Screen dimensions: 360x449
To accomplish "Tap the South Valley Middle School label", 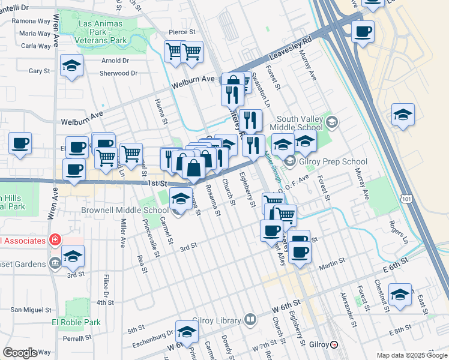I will (x=296, y=123).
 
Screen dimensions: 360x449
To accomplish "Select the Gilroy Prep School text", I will (x=334, y=161).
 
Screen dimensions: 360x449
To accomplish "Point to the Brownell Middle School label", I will (x=125, y=211).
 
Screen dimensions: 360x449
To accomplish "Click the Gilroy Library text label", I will (x=216, y=320).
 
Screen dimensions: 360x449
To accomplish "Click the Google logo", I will (x=20, y=352).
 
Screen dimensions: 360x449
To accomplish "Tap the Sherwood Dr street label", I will (x=119, y=73).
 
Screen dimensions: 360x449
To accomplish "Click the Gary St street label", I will (x=39, y=71).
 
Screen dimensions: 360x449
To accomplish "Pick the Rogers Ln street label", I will (x=397, y=232).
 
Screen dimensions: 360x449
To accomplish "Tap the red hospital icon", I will (x=55, y=241).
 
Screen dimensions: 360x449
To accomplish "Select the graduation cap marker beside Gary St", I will (x=71, y=66).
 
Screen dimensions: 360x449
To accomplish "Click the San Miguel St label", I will (x=31, y=310).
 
